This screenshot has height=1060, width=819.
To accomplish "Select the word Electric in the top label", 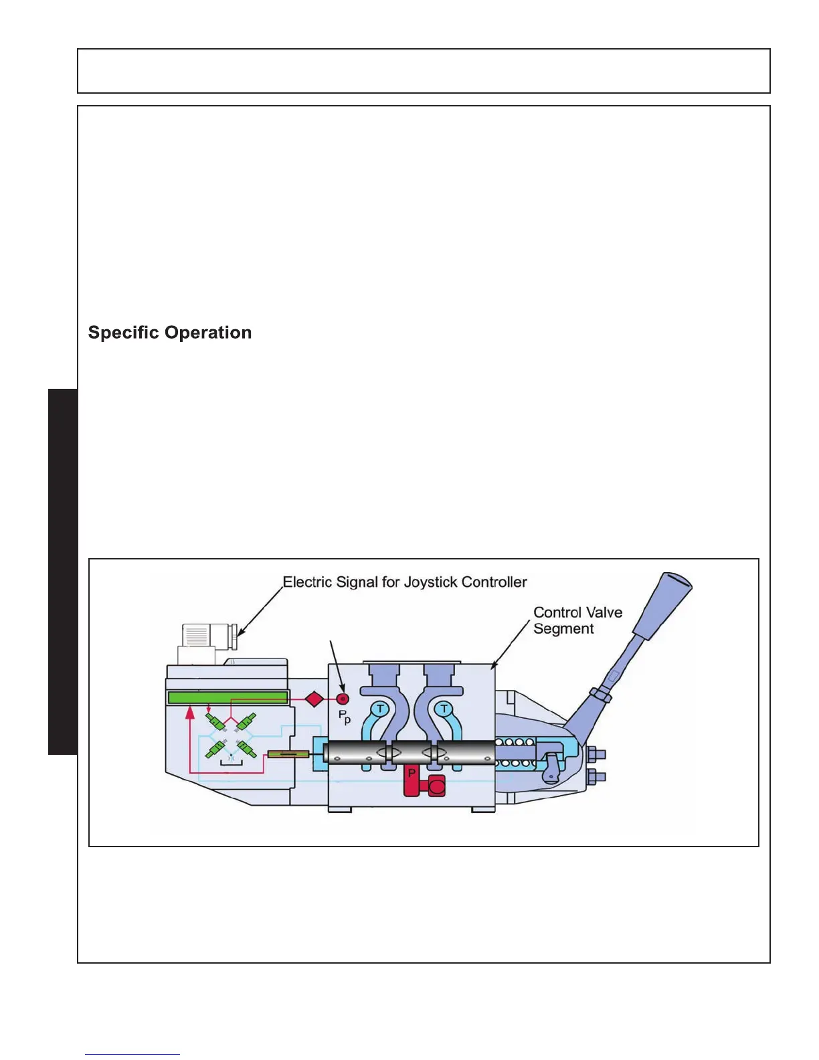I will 307,582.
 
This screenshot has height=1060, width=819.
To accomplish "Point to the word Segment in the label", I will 563,629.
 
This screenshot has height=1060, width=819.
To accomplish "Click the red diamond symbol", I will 314,699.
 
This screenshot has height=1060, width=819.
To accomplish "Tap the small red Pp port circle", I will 343,699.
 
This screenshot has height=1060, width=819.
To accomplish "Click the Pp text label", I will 344,717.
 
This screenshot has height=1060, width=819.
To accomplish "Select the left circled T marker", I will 380,709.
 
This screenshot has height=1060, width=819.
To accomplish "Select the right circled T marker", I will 444,709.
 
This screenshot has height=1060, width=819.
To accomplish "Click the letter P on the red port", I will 412,774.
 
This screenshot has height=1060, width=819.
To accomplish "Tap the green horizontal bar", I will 227,698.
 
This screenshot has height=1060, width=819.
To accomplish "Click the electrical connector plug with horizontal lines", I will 197,635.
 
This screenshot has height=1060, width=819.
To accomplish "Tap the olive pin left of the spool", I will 288,755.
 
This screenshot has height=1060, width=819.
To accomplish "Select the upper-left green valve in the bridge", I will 215,722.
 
